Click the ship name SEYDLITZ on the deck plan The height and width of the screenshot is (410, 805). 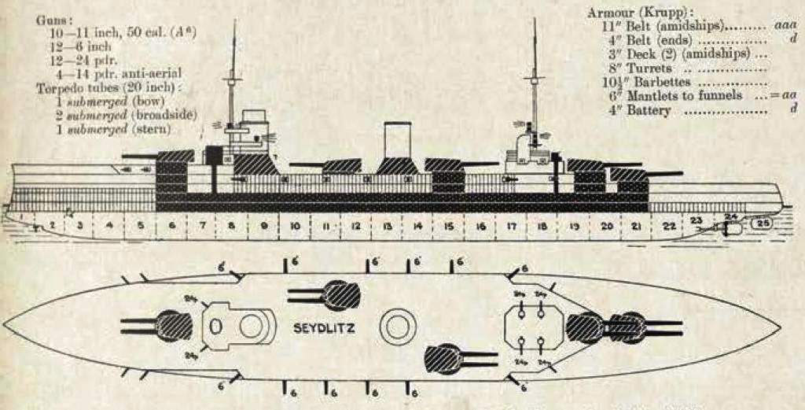[323, 329]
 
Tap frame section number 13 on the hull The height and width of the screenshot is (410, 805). [387, 226]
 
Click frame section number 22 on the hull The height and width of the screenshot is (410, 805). [668, 227]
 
